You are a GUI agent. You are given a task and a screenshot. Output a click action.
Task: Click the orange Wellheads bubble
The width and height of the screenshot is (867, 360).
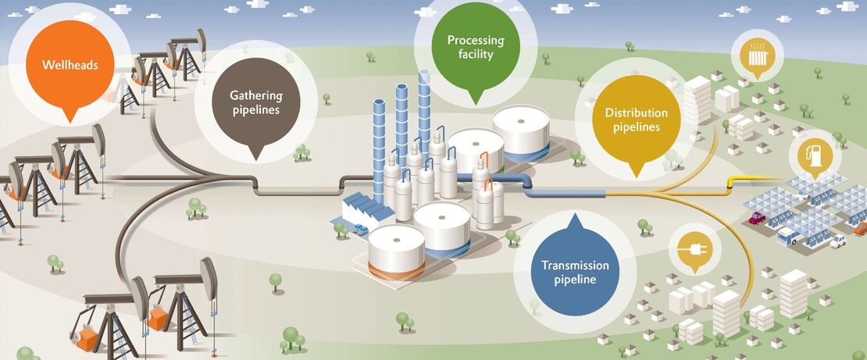coord(70,64)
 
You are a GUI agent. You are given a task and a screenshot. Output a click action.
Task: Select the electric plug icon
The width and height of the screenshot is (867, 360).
coord(690,251)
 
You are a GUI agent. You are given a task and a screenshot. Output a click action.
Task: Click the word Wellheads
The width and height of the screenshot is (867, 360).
coord(70,65)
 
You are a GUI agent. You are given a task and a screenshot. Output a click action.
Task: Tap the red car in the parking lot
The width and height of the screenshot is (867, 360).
coord(757,218)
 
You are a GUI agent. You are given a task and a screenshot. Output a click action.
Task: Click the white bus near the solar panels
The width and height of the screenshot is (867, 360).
coord(788,235)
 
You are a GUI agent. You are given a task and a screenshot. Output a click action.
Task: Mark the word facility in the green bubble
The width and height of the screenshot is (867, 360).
coord(475,55)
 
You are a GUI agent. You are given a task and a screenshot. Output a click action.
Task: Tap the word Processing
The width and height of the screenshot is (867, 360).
coord(475,41)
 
